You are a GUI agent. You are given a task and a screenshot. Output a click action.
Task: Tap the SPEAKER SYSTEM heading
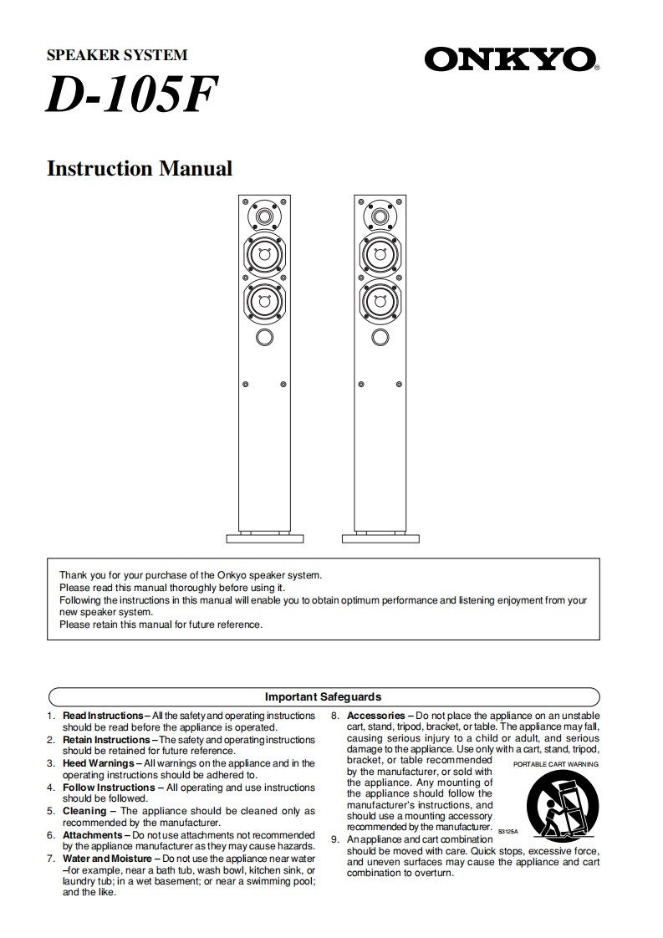click(x=116, y=55)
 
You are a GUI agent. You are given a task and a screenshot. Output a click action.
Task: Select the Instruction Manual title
click(x=140, y=168)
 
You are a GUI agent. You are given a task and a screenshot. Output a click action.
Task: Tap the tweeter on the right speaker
click(x=380, y=217)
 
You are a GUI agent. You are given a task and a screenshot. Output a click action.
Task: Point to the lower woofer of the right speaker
click(x=380, y=300)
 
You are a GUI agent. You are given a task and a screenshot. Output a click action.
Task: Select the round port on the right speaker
click(x=380, y=337)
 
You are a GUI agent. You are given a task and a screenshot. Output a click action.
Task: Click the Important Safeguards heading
click(x=324, y=696)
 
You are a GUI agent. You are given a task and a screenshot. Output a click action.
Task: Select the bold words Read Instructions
click(x=103, y=716)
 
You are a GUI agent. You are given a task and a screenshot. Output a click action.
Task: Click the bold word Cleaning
click(x=84, y=811)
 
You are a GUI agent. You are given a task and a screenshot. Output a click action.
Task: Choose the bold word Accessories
click(x=375, y=716)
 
